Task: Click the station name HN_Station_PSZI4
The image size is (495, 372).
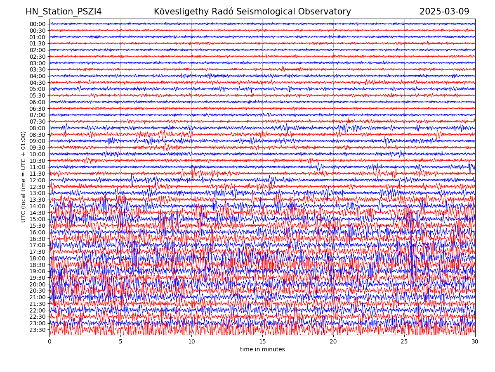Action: (64, 12)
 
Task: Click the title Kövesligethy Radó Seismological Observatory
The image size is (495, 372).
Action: (252, 12)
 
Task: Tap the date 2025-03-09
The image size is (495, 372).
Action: (444, 12)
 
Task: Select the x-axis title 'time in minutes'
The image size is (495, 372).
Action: (262, 349)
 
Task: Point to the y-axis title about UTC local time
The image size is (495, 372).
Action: (24, 176)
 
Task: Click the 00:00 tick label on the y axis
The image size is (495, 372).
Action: (38, 24)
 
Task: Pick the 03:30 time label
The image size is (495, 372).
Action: (38, 69)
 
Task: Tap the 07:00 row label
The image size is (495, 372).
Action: (38, 115)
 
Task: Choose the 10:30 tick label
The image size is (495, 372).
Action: (38, 161)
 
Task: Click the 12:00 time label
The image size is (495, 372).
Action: (38, 180)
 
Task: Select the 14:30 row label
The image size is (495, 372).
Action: (38, 213)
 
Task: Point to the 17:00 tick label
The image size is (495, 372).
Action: (38, 245)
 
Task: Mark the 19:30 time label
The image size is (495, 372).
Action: (38, 278)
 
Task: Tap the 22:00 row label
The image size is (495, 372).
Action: (38, 310)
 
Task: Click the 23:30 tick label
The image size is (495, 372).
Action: (38, 330)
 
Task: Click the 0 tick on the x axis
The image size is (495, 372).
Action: (49, 341)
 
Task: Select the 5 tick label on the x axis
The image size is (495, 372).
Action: (120, 341)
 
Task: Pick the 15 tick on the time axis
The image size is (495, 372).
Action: (262, 341)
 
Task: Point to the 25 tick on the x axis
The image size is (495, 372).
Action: (404, 341)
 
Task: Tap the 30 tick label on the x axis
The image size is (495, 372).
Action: (475, 341)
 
